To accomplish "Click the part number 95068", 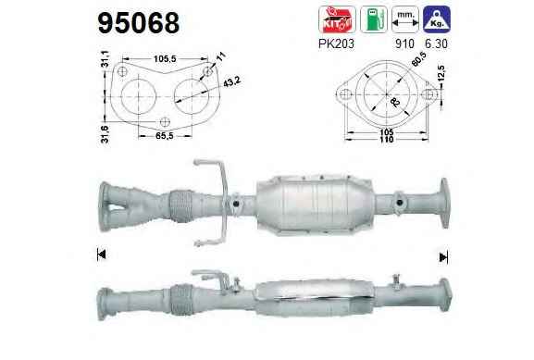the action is (x=138, y=23).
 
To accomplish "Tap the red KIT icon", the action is (x=337, y=19).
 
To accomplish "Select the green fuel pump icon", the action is (x=374, y=19).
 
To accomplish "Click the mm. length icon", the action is (x=405, y=19).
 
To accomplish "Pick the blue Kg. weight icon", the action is (x=437, y=19).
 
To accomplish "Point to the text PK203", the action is (x=336, y=43).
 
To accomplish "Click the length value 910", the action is (x=405, y=43).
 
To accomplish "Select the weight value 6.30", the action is (x=436, y=43).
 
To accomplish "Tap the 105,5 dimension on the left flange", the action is (x=165, y=59).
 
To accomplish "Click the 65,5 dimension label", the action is (x=165, y=135).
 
